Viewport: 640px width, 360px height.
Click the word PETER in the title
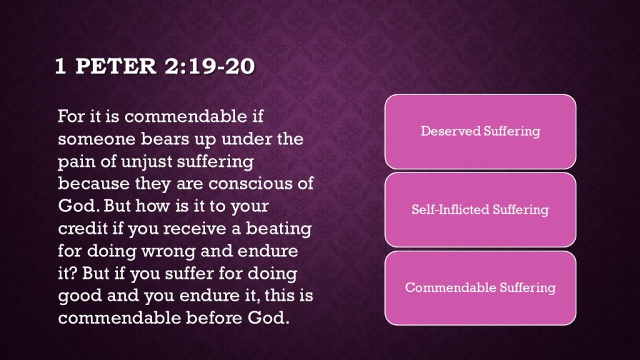point(116,66)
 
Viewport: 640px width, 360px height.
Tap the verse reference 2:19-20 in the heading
point(210,66)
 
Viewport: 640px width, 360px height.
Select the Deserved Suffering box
point(481,131)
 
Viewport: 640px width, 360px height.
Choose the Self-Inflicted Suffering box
point(481,210)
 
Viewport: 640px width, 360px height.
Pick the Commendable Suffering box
point(481,287)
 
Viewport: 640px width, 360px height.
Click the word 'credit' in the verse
point(82,228)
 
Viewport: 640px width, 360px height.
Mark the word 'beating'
point(279,229)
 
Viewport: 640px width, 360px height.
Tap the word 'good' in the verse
point(79,296)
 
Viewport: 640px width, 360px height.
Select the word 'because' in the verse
point(94,184)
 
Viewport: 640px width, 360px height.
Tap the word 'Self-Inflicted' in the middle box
point(450,210)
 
